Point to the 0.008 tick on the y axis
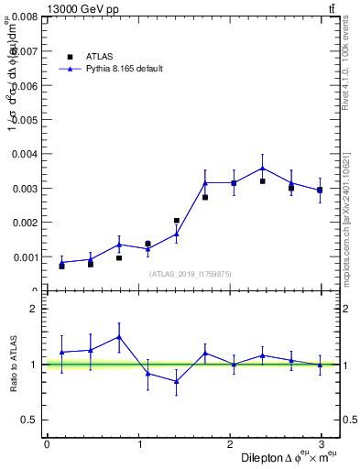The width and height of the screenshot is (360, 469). tap(25, 16)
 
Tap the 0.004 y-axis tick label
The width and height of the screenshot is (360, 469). tap(25, 154)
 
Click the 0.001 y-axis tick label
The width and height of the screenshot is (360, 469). tap(25, 256)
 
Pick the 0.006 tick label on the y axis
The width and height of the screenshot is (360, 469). tap(25, 85)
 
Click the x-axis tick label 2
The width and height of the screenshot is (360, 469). tap(230, 444)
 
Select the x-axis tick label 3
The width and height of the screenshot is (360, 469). tap(322, 444)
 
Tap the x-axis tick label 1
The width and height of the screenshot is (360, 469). tap(138, 444)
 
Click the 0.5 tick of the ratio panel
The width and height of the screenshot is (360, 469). tap(30, 420)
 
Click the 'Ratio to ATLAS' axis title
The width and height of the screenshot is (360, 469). tap(13, 364)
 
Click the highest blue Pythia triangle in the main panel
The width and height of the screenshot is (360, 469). tap(262, 168)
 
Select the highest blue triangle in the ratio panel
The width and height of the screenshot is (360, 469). tap(119, 336)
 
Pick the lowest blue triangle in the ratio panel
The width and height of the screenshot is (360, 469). tap(176, 381)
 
